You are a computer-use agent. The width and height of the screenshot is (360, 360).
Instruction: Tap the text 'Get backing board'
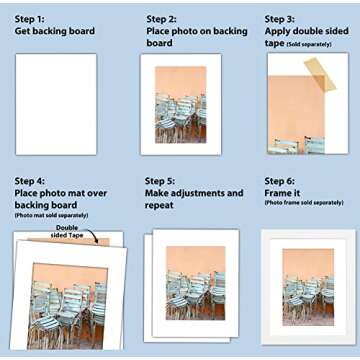55,31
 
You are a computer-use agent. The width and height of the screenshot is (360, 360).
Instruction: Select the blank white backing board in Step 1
55,104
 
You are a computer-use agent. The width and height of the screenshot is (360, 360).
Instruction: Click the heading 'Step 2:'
162,18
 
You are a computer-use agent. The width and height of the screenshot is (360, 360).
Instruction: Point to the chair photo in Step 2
180,104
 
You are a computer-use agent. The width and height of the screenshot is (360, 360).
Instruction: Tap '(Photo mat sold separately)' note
50,216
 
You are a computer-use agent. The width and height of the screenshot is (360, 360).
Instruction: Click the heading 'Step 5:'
162,179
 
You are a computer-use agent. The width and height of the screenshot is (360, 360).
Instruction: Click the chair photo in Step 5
195,283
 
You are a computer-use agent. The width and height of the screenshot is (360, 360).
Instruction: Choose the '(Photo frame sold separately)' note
308,203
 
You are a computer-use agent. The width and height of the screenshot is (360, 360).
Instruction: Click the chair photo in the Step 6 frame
307,286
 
